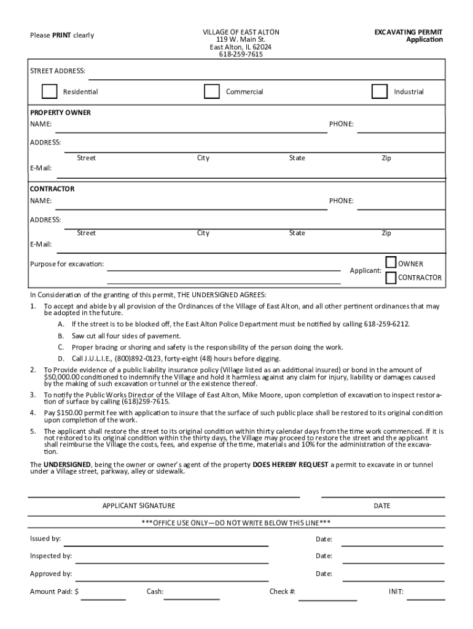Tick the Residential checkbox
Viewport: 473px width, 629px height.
[49, 92]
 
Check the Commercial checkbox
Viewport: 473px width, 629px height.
[212, 92]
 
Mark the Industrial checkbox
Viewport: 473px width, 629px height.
[380, 92]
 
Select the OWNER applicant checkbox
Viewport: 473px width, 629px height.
[391, 264]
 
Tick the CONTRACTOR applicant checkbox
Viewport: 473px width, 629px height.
[391, 278]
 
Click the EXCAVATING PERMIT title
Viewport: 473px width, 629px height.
[408, 32]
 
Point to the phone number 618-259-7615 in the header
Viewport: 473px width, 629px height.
[241, 54]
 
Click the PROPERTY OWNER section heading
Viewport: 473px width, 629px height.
[61, 113]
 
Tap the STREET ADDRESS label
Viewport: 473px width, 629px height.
[58, 71]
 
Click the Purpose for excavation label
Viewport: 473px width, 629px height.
[67, 264]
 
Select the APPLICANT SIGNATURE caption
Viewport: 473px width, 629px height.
[138, 506]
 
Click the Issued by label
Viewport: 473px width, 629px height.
[45, 539]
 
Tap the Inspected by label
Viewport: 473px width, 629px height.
[51, 556]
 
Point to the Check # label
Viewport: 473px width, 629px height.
[283, 592]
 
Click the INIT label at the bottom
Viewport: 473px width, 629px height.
[396, 592]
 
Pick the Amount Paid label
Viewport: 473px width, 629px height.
[54, 592]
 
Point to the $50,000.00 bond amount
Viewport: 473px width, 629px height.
[63, 377]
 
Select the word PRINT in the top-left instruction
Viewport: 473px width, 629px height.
[61, 35]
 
